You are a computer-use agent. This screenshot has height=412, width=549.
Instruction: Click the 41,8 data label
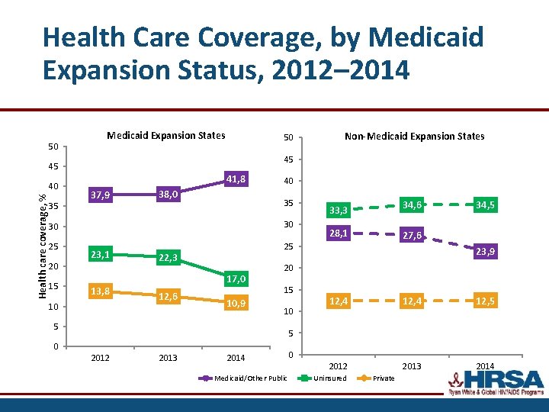236,179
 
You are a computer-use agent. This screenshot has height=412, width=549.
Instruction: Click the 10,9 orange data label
236,304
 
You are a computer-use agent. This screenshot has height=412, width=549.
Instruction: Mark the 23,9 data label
482,252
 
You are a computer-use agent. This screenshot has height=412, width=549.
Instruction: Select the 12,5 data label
482,301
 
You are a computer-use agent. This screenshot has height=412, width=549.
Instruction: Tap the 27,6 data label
412,237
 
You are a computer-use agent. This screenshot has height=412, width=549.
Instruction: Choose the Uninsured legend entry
329,378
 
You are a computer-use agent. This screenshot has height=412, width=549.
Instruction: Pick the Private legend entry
384,378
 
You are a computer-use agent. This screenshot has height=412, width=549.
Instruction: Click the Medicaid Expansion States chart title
166,135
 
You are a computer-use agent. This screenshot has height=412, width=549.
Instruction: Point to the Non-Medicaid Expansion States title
414,136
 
